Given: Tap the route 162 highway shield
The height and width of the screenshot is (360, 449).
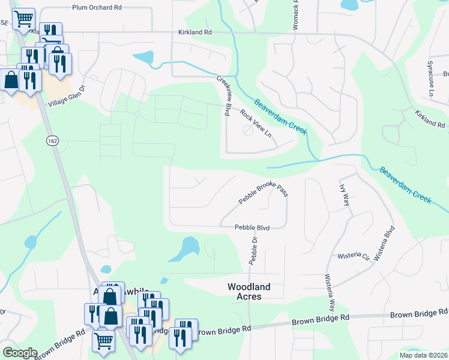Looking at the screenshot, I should tap(51, 140).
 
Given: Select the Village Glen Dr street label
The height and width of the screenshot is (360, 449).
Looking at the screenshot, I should tap(67, 95).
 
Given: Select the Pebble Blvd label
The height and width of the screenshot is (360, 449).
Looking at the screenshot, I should tap(252, 227).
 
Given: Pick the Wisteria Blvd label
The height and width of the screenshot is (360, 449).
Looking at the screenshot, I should tap(384, 243).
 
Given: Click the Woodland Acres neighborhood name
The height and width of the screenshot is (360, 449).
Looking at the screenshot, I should tap(249, 292).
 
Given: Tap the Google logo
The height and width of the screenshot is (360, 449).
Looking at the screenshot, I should tap(19, 353).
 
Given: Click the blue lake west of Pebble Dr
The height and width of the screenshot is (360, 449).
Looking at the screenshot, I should tap(187, 248).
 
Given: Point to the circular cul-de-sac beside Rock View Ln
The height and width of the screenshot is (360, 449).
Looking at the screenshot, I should tap(247, 131).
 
